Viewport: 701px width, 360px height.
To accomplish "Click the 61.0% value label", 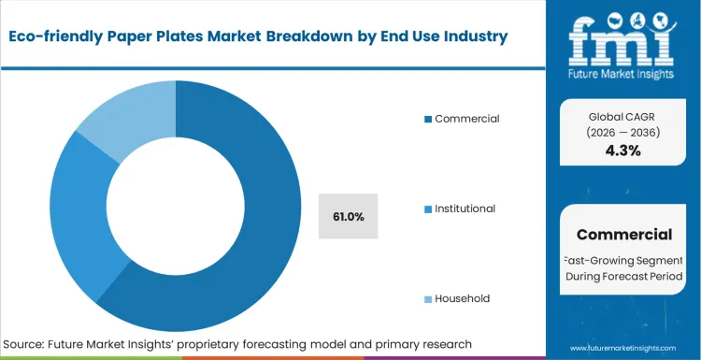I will pyautogui.click(x=348, y=217).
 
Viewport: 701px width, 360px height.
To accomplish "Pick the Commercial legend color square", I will pyautogui.click(x=428, y=119).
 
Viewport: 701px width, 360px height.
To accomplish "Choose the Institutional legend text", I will pyautogui.click(x=478, y=209).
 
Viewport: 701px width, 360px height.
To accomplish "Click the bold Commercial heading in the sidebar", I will pyautogui.click(x=623, y=235).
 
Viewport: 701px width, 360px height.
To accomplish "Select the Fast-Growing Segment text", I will pyautogui.click(x=623, y=259).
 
